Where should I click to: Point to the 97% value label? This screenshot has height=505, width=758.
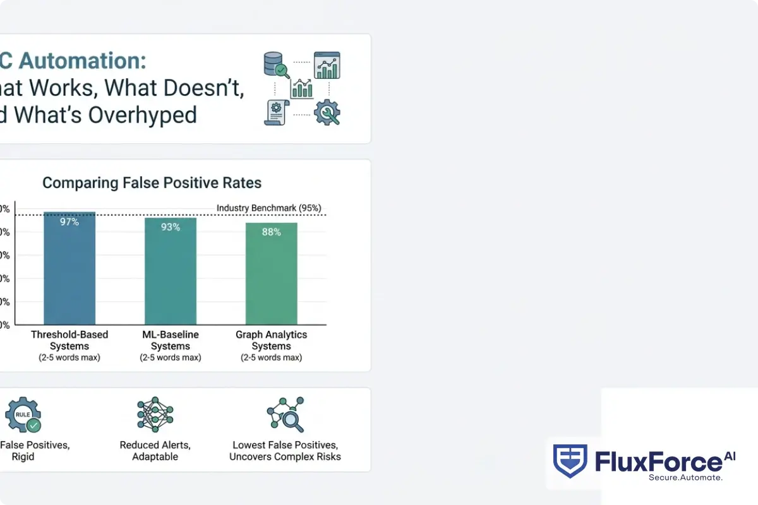(x=69, y=222)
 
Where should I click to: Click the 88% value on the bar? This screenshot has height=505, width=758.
(x=272, y=232)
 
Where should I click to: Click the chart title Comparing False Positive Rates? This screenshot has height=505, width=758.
(x=152, y=183)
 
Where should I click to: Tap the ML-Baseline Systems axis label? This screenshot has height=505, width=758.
(x=171, y=340)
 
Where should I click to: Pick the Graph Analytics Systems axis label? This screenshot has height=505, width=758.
(x=272, y=340)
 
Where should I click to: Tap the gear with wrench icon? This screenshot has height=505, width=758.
(x=326, y=112)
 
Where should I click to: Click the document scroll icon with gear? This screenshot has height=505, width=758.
(x=275, y=112)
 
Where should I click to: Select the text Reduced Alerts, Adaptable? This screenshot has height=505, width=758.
(x=155, y=451)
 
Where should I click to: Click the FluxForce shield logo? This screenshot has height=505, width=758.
(x=570, y=460)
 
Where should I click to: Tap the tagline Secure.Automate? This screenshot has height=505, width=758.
(x=685, y=478)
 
